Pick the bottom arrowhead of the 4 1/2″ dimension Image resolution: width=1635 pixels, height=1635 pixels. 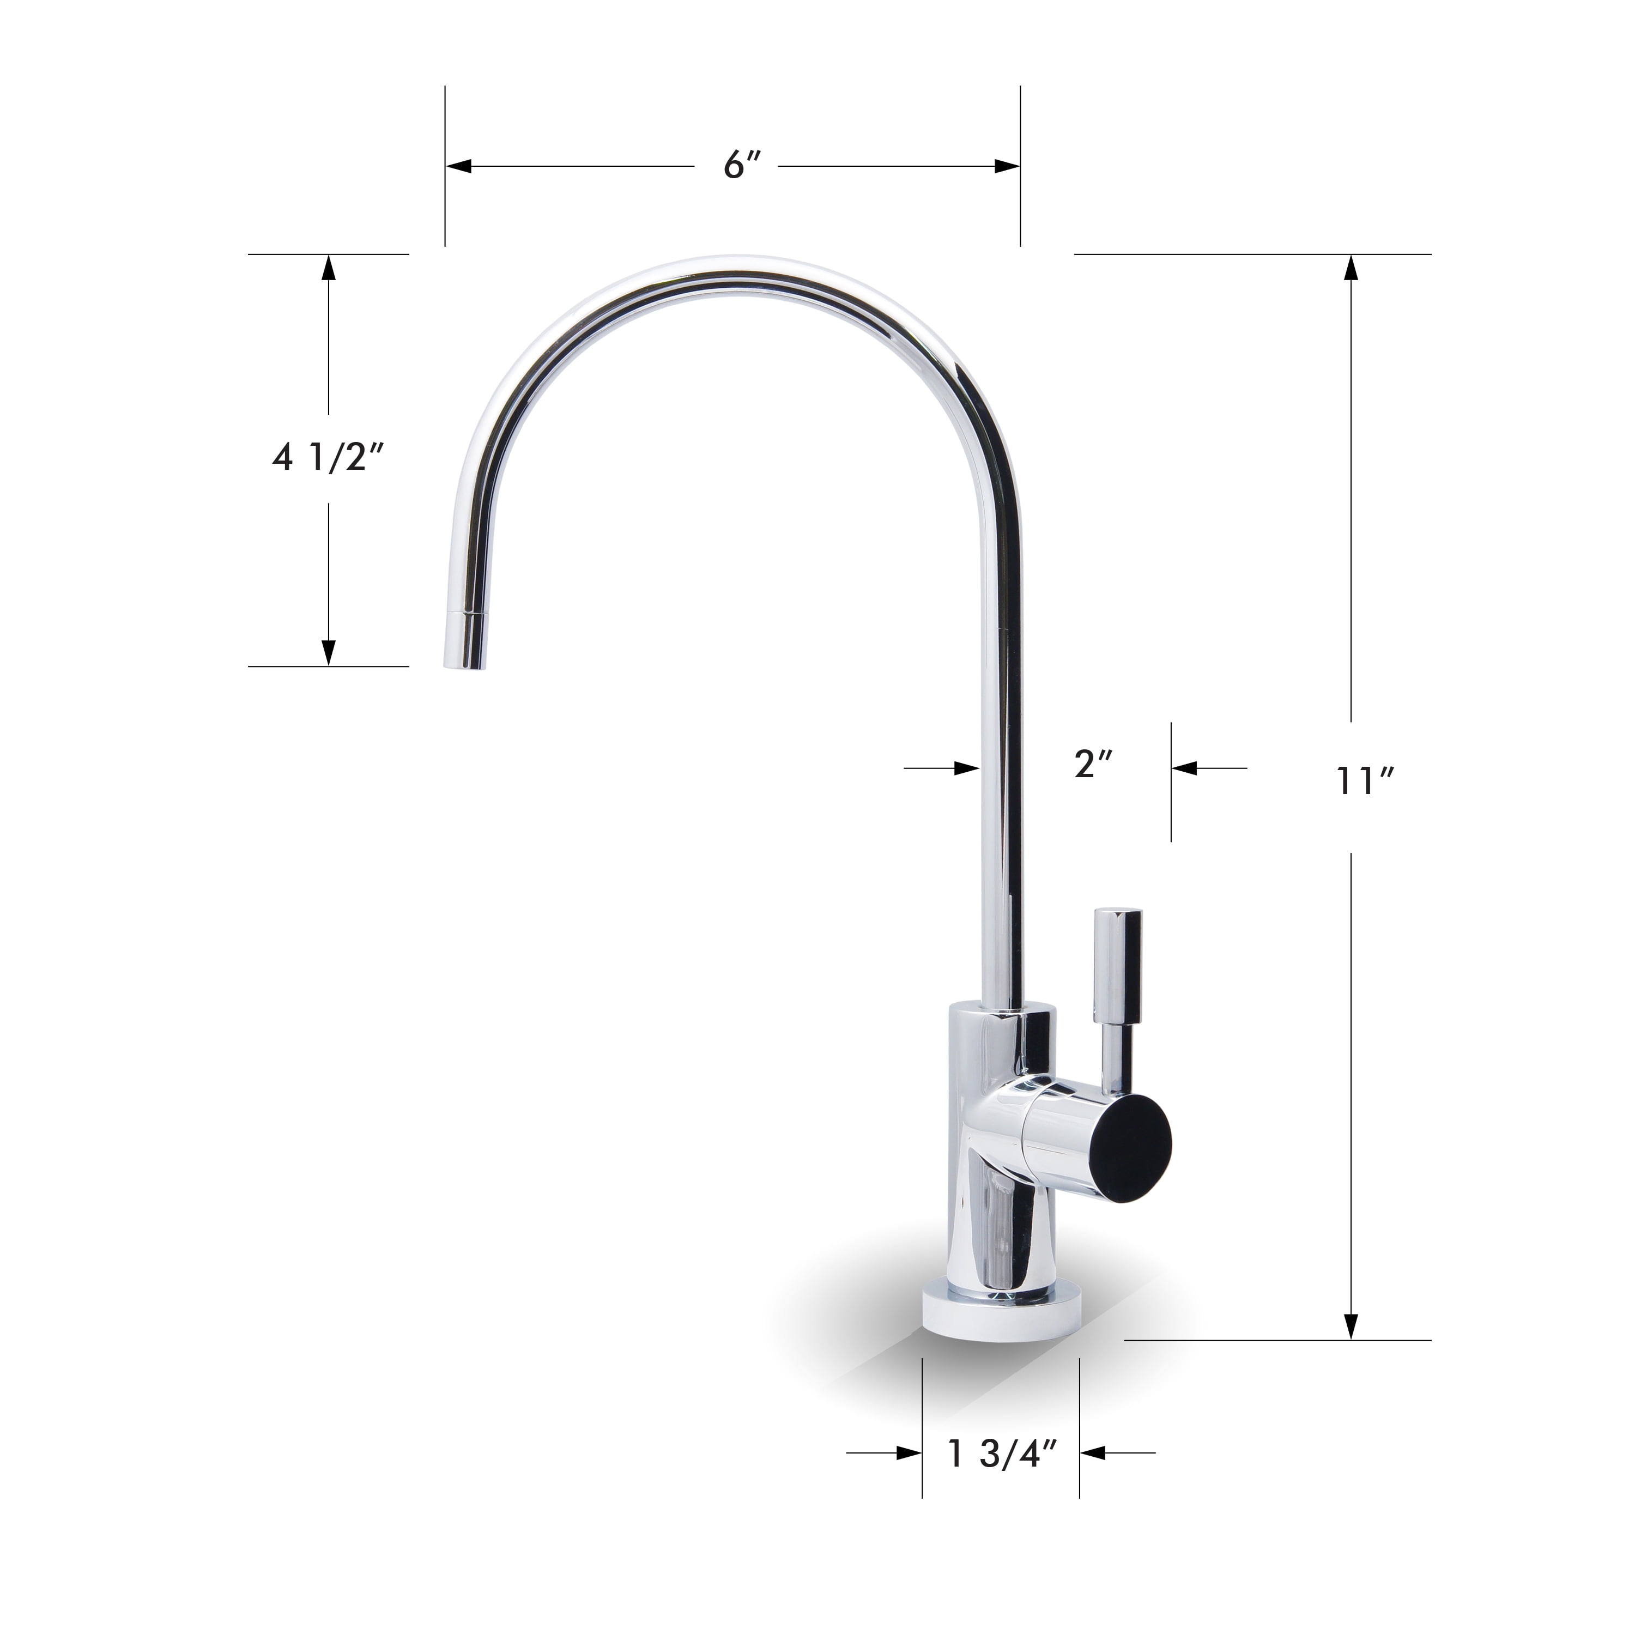(x=328, y=652)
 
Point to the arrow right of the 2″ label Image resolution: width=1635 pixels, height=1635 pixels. (x=1185, y=768)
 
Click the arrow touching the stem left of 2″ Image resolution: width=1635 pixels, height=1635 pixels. (x=966, y=768)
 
